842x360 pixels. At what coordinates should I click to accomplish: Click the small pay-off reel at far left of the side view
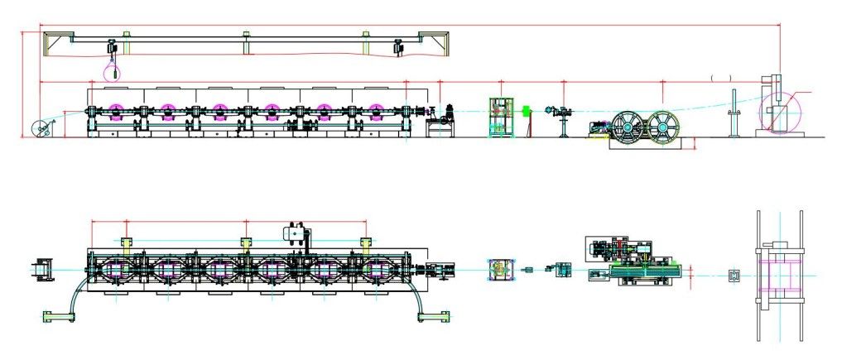click(x=39, y=127)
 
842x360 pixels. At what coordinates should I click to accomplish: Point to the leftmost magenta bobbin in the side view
click(x=115, y=112)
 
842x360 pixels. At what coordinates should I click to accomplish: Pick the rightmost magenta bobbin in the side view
click(x=377, y=112)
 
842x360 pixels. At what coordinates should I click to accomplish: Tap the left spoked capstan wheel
click(x=629, y=126)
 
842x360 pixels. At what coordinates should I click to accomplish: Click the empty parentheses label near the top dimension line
click(x=721, y=78)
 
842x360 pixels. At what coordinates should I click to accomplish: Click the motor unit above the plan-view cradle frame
click(x=296, y=233)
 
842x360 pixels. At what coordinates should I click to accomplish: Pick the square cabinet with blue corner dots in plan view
click(x=498, y=268)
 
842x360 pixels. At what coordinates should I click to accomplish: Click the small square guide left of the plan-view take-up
click(x=733, y=275)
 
